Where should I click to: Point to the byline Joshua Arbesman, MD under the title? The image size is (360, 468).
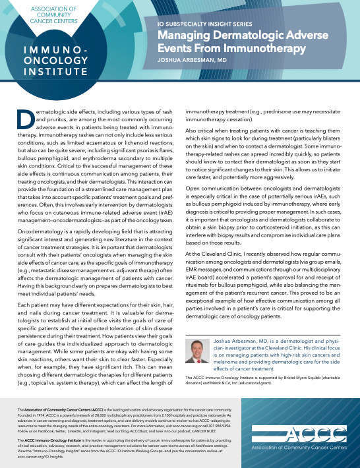click(x=194, y=57)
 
